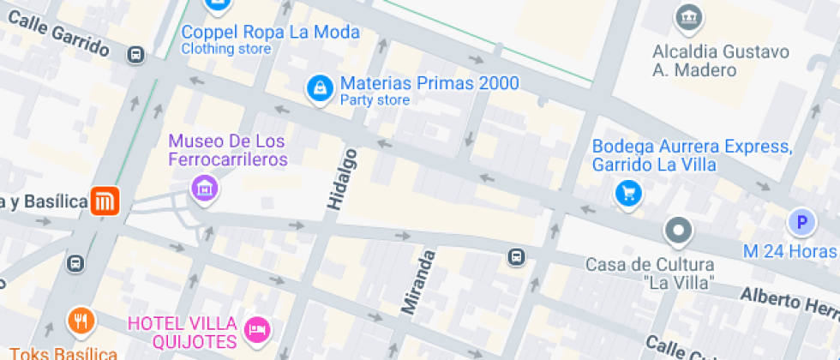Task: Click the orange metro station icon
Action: point(105,202)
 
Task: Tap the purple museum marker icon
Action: point(203,186)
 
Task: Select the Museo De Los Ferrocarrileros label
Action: point(227,149)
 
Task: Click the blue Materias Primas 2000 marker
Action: point(320,87)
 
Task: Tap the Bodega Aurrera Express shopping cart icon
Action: point(628,194)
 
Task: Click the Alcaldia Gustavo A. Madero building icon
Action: point(689,15)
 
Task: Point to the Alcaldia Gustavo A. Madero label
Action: point(720,60)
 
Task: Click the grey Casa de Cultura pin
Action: point(679,230)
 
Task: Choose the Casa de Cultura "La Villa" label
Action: point(649,272)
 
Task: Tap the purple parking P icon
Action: point(801,224)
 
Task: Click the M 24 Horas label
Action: point(789,251)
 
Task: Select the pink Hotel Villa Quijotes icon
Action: point(257,328)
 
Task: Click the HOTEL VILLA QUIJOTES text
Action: point(182,333)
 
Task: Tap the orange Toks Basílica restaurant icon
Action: point(81,321)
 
